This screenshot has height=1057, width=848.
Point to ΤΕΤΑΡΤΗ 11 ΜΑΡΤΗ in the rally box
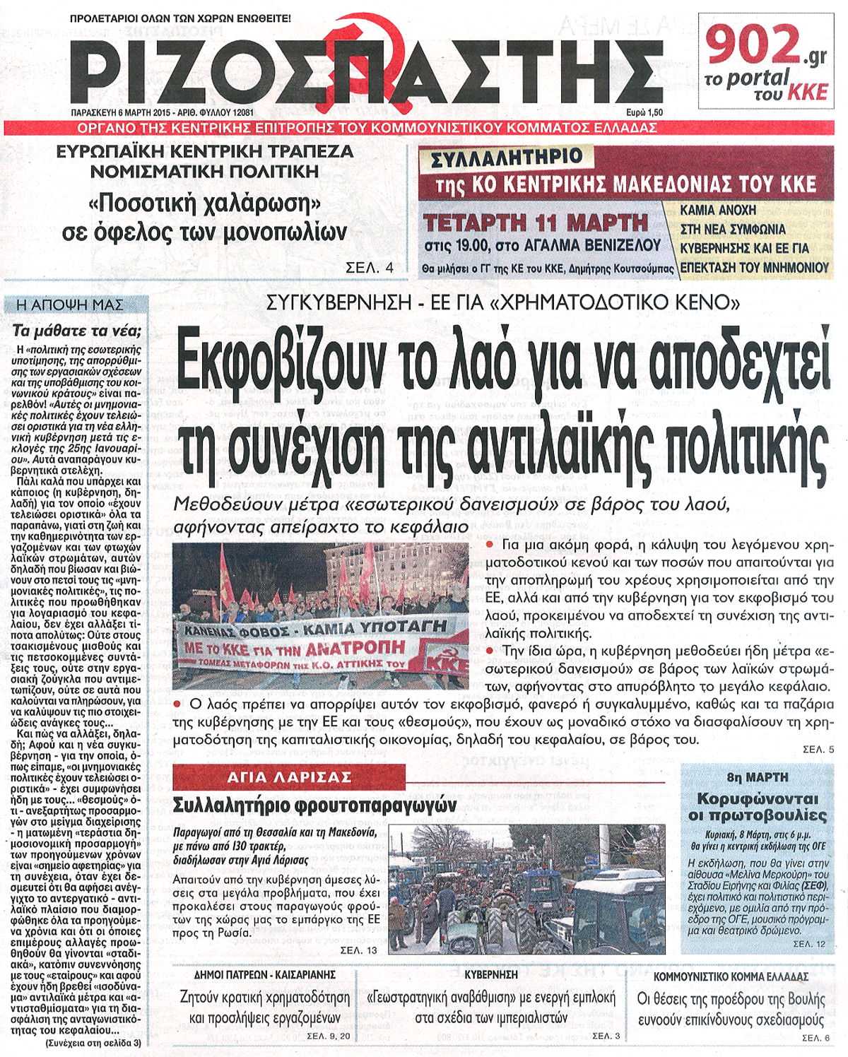point(536,223)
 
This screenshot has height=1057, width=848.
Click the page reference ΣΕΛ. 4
point(369,268)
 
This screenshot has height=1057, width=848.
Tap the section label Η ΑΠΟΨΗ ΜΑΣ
point(69,305)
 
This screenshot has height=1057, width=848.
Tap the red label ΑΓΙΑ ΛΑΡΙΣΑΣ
point(289,777)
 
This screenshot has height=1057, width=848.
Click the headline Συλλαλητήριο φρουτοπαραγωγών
point(315,805)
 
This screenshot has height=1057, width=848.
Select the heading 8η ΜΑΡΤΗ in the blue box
point(757,777)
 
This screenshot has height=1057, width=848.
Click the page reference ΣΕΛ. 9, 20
point(329,1036)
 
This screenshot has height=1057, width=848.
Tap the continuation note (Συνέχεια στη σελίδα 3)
point(93,1042)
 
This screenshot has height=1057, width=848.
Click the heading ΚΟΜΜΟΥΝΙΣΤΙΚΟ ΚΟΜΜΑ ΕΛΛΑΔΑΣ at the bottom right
point(731,976)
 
